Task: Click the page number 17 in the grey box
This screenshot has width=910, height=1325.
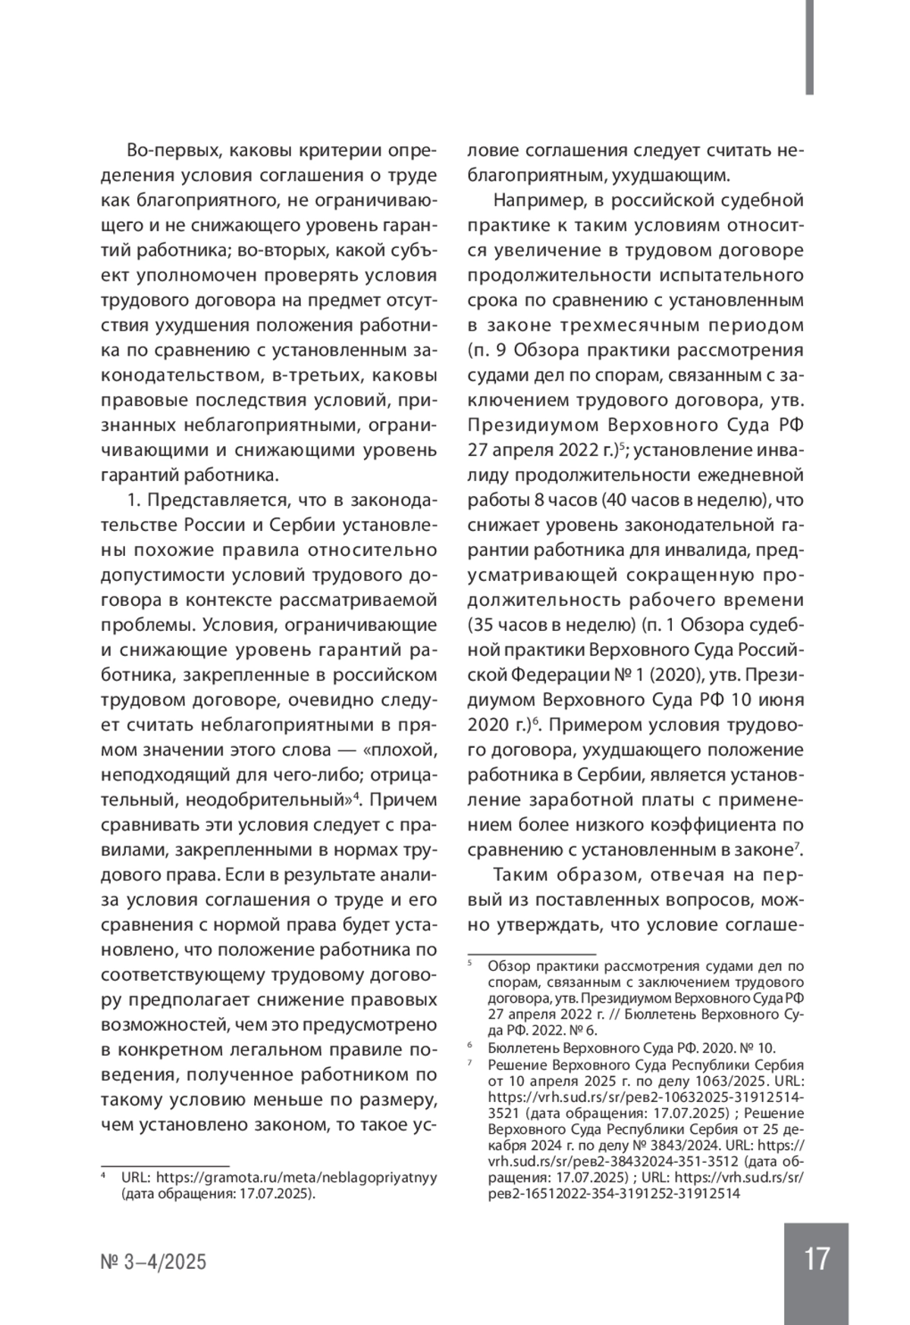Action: [x=816, y=1258]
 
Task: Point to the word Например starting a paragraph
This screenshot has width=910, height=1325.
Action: [x=533, y=201]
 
